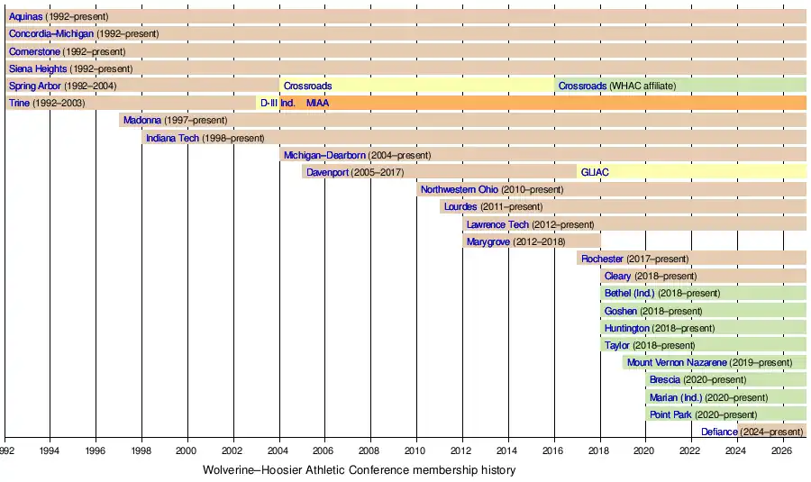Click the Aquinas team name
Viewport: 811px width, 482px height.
pos(25,16)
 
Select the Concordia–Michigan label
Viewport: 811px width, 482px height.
pos(50,33)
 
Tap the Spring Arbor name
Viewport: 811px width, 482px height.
pos(34,86)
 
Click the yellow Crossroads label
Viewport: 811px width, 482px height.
pos(307,86)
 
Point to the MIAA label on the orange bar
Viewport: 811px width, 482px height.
pos(317,103)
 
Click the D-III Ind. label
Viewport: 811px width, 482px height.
pos(278,103)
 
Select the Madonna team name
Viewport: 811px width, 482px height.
pos(142,120)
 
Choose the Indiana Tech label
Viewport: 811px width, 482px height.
pos(172,138)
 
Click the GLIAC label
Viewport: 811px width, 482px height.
pos(595,172)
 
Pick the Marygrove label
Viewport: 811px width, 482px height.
pos(489,241)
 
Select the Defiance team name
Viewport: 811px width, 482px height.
pos(719,432)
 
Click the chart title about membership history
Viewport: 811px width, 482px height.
pos(359,469)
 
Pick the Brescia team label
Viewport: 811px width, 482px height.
pos(665,379)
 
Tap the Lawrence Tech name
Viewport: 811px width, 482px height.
pos(497,224)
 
